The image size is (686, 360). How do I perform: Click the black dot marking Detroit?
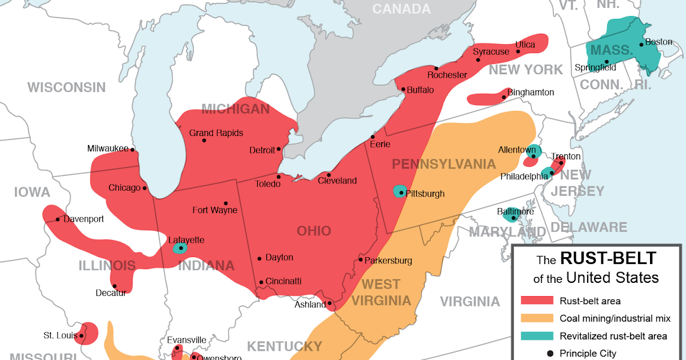click(x=279, y=149)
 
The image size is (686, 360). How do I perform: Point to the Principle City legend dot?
click(x=550, y=354)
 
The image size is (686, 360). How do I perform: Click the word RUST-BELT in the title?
click(x=608, y=259)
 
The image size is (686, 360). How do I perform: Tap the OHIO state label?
click(x=314, y=231)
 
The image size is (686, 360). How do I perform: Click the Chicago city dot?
click(x=145, y=188)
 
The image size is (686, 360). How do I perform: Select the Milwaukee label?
click(x=107, y=149)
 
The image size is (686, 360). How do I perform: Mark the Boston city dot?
click(x=641, y=44)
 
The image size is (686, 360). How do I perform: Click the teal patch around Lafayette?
click(x=180, y=248)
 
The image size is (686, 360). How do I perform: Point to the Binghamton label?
click(x=531, y=92)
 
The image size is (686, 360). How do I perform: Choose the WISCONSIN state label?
click(x=67, y=87)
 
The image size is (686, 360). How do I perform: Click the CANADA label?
click(x=401, y=9)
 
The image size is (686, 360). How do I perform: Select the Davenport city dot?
click(x=58, y=219)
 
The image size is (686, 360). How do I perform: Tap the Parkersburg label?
click(x=388, y=261)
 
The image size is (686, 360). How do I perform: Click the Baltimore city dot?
click(x=513, y=218)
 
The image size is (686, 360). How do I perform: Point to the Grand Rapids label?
click(x=216, y=133)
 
